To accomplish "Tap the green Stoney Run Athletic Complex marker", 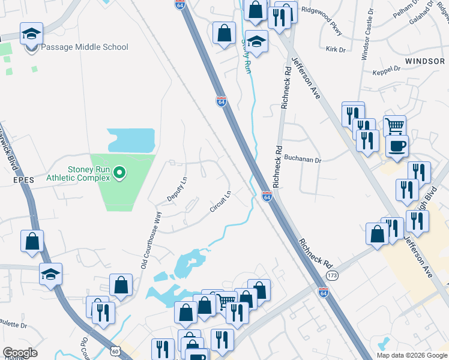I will click(119, 174).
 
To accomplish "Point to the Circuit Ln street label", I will click(220, 202).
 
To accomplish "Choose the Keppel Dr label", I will click(387, 70).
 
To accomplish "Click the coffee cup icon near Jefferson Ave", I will click(397, 146).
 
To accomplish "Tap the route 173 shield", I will click(333, 275).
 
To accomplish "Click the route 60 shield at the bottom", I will click(115, 350).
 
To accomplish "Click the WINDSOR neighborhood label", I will click(424, 61).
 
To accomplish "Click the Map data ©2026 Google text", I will click(412, 355).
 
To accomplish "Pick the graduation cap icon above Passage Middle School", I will click(31, 34).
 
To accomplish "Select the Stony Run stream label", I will click(246, 56).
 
